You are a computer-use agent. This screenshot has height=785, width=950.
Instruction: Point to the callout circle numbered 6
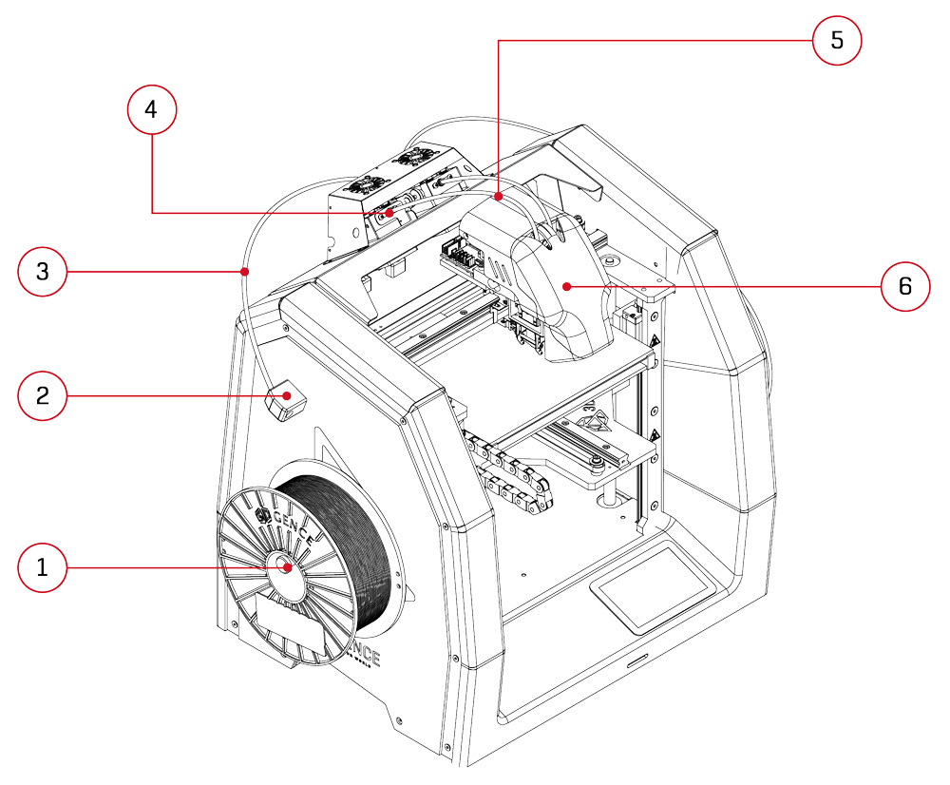905,285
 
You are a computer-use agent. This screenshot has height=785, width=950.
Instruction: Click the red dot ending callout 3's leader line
245,272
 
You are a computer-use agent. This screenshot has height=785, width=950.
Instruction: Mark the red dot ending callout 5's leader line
499,198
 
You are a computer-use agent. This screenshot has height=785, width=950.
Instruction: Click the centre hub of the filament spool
286,567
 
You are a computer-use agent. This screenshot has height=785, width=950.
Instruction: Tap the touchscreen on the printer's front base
653,586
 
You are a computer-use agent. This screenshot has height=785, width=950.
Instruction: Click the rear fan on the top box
415,158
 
